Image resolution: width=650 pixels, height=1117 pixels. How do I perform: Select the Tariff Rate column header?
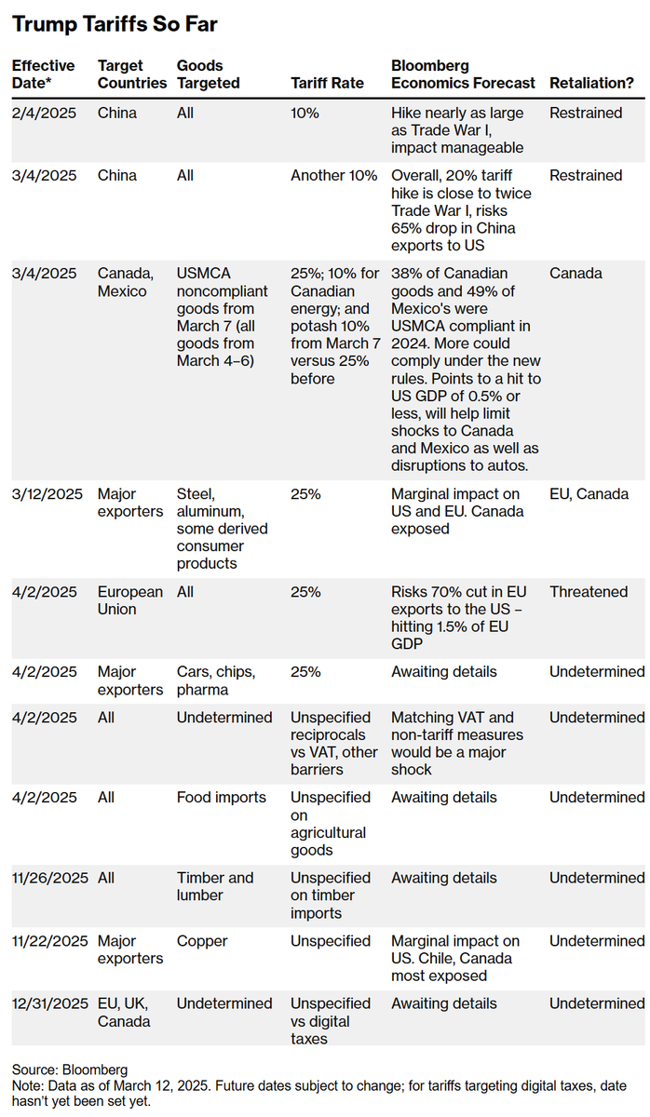[x=329, y=83]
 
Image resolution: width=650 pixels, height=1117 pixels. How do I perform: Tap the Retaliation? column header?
[x=591, y=83]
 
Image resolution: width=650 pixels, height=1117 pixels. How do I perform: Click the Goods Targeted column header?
[x=209, y=74]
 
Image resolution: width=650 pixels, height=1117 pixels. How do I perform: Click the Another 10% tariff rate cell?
[x=334, y=175]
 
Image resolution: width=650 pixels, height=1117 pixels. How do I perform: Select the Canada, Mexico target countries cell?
[x=127, y=282]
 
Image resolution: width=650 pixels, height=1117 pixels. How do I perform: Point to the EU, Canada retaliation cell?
[x=589, y=494]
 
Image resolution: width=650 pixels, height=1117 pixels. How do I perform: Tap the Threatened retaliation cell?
[x=589, y=592]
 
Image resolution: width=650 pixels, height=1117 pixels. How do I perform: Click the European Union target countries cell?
[x=130, y=600]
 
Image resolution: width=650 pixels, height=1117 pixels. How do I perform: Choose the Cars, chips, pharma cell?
[x=216, y=680]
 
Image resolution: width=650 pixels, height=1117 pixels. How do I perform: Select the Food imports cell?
[x=222, y=798]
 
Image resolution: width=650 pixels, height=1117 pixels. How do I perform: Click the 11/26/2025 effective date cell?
[x=49, y=878]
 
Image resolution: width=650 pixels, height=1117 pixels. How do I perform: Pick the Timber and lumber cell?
[x=215, y=886]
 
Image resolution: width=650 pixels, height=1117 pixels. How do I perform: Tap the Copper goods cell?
[x=202, y=941]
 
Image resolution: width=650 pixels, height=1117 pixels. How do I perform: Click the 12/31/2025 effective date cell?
[x=49, y=1003]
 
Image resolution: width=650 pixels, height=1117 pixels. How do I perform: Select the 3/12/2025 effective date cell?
[x=46, y=494]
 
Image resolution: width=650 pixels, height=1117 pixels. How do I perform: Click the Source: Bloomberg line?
[x=70, y=1070]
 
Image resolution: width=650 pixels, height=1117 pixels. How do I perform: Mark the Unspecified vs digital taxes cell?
[x=331, y=1020]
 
